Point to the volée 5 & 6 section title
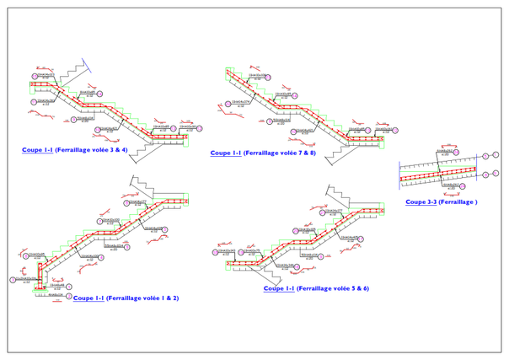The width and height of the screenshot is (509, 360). point(316,289)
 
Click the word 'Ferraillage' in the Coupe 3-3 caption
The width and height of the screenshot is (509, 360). point(455,202)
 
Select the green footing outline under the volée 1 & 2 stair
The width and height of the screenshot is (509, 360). point(39,289)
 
